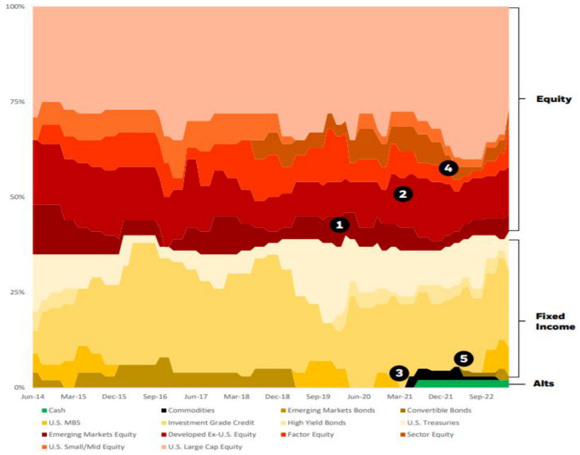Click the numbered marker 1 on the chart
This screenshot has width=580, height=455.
(339, 225)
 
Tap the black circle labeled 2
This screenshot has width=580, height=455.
(403, 194)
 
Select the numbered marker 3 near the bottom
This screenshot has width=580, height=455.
(399, 373)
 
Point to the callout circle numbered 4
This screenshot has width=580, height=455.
(449, 168)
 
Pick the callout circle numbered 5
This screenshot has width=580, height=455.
(463, 359)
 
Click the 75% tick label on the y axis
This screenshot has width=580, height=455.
(16, 102)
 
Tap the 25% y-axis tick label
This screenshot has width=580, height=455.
(16, 292)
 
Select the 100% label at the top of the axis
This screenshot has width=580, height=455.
(14, 7)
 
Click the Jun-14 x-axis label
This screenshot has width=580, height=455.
(33, 397)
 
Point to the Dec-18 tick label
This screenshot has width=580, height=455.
(277, 397)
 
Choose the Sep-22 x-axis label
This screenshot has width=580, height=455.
(481, 397)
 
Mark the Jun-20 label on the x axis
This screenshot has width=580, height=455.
(359, 397)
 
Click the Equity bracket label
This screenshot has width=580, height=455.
(554, 99)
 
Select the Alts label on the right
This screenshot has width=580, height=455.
(544, 383)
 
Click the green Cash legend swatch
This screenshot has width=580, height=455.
(45, 410)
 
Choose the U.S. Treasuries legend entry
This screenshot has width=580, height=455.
(431, 422)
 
